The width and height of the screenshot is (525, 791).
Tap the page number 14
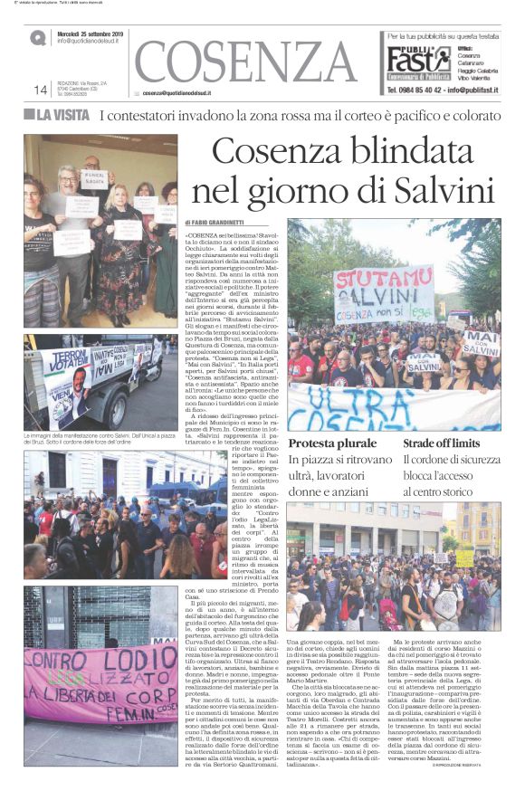(40, 90)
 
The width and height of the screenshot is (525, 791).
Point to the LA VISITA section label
(57, 115)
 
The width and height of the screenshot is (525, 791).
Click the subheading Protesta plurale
(332, 443)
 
